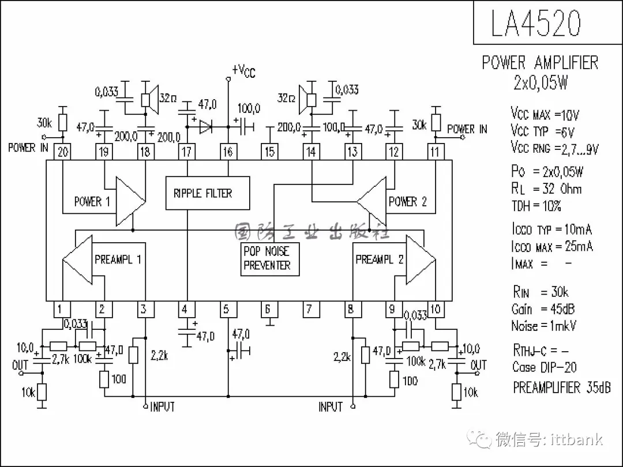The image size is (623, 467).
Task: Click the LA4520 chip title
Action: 536,23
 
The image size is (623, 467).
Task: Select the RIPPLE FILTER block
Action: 208,193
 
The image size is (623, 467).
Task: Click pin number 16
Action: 228,152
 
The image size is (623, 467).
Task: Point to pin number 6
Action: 267,309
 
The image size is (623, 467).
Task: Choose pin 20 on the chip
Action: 62,152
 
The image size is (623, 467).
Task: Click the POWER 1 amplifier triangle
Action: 129,201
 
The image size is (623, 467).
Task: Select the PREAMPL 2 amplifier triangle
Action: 419,259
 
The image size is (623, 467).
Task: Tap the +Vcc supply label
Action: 243,70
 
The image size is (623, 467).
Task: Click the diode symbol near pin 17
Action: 206,126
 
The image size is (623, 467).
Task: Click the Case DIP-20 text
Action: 544,367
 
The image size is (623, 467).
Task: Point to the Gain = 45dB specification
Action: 543,309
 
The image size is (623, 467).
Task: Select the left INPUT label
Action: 162,407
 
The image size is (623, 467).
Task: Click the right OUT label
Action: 478,365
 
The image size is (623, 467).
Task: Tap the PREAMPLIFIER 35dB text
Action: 561,387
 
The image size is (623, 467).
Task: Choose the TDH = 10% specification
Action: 536,206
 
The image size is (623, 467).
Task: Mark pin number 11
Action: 434,152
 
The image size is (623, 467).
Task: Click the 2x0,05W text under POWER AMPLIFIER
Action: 541,83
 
